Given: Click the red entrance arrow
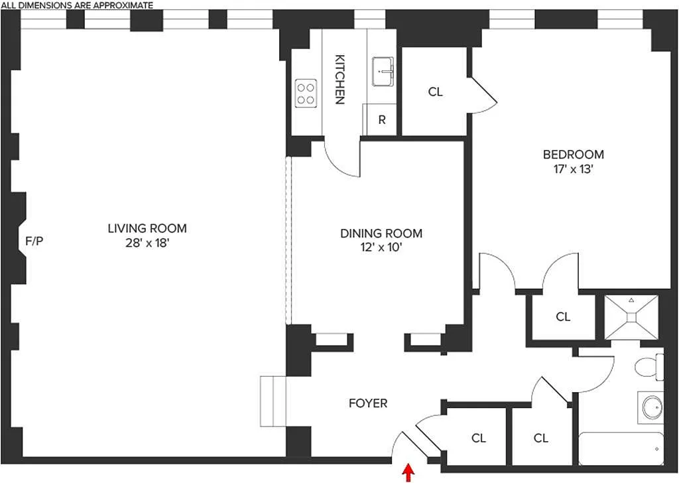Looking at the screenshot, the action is pyautogui.click(x=408, y=472).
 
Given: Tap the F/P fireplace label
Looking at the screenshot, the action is pyautogui.click(x=34, y=241).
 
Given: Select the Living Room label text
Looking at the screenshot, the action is pyautogui.click(x=147, y=228).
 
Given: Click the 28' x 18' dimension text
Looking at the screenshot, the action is pyautogui.click(x=147, y=243).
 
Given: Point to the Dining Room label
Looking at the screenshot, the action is pyautogui.click(x=381, y=234).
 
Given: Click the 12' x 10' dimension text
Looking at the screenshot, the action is pyautogui.click(x=381, y=248).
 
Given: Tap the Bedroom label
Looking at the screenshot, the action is pyautogui.click(x=574, y=155).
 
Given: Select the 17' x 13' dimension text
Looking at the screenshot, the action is pyautogui.click(x=574, y=169).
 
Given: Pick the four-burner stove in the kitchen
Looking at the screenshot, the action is pyautogui.click(x=306, y=93).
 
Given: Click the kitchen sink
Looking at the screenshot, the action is pyautogui.click(x=383, y=72).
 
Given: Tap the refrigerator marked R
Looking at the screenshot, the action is pyautogui.click(x=382, y=120).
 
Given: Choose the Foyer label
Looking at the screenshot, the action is pyautogui.click(x=368, y=403).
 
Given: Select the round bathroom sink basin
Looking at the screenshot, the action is pyautogui.click(x=652, y=406).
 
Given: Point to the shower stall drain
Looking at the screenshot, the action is pyautogui.click(x=631, y=318).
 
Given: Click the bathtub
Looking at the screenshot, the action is pyautogui.click(x=621, y=449).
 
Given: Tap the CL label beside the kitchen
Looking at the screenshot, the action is pyautogui.click(x=435, y=92).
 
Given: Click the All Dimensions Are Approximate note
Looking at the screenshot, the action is pyautogui.click(x=77, y=5).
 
